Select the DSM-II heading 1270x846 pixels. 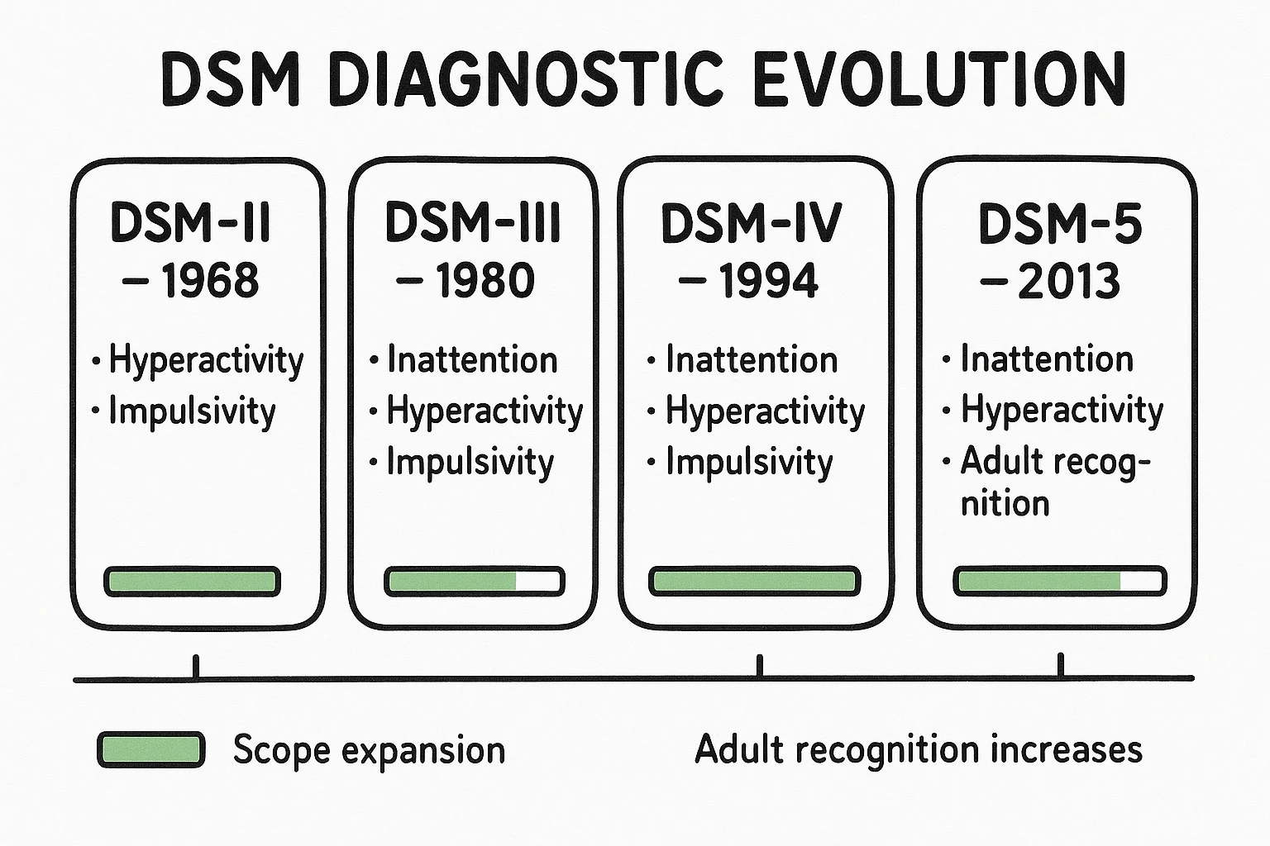tap(191, 223)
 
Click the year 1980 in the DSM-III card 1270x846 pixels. tap(485, 281)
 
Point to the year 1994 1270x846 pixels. tap(768, 281)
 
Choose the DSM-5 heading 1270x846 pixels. tap(1060, 224)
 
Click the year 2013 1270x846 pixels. tap(1069, 281)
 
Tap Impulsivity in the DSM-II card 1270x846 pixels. tap(192, 411)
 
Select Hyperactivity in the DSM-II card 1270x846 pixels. tap(206, 361)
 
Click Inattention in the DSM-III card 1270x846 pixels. tap(472, 360)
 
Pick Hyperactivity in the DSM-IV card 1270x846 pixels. tap(765, 411)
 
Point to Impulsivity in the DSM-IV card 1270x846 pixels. tap(749, 463)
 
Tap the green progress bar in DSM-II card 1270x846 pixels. tap(192, 582)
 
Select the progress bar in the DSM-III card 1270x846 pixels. tap(474, 582)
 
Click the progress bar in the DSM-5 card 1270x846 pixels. tap(1059, 582)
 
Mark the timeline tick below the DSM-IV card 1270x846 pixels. tap(760, 667)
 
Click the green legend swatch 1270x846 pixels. tap(150, 750)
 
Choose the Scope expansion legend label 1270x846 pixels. tap(369, 750)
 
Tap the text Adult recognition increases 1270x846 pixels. tap(919, 749)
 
